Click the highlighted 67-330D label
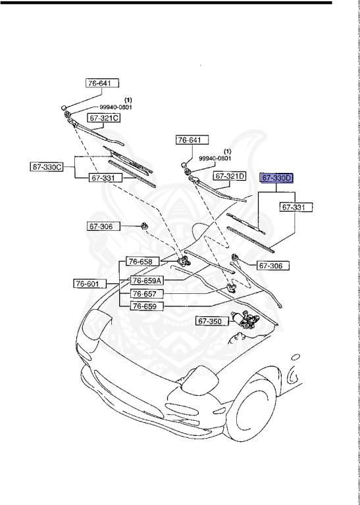[x=277, y=178]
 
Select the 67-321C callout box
[x=104, y=118]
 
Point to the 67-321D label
[x=229, y=176]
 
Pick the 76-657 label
[x=145, y=293]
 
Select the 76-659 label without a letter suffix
[x=144, y=306]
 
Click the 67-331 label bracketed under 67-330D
[x=295, y=207]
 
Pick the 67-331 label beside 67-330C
[x=103, y=178]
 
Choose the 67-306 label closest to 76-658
[x=101, y=227]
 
